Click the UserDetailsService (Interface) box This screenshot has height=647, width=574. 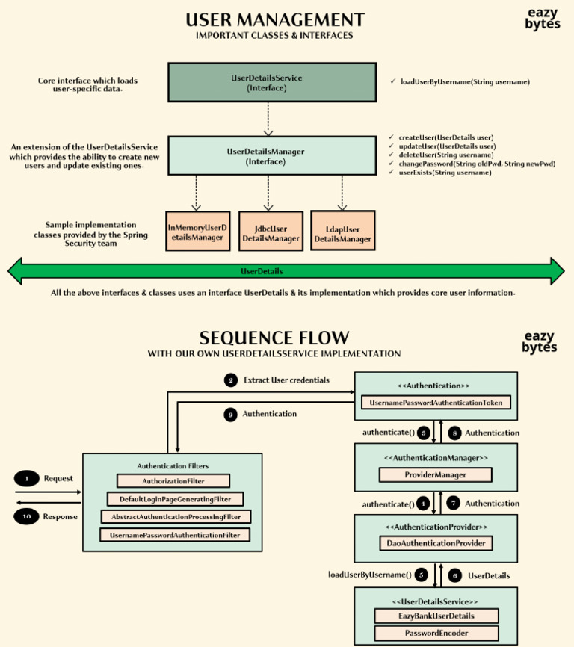pos(272,82)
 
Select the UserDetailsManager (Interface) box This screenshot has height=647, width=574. pos(272,156)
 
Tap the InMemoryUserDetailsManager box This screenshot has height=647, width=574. pos(197,231)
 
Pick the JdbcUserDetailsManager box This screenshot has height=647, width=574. pos(271,231)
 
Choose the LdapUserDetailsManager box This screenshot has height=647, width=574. pos(343,231)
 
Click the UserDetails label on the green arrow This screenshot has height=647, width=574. pos(262,271)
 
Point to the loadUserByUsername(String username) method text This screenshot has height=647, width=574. pos(465,81)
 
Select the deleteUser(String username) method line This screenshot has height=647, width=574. pos(446,155)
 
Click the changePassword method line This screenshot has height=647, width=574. pos(477,164)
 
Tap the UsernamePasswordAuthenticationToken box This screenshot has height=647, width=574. pos(436,402)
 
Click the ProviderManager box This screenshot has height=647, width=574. pos(435,474)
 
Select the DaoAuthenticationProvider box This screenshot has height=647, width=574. pos(436,543)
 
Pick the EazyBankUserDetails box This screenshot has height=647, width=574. pos(436,616)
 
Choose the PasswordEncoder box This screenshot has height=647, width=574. pos(436,633)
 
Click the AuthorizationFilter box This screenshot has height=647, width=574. pos(173,480)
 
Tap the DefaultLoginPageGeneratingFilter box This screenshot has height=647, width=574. pos(175,499)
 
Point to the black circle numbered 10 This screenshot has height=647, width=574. pos(26,516)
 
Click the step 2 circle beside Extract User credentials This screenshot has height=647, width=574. pos(231,380)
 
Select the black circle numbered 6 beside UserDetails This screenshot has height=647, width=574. pos(454,575)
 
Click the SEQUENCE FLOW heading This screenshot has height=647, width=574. pos(274,338)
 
